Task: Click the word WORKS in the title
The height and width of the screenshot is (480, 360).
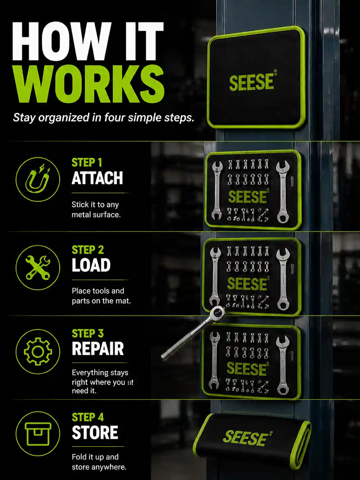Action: tap(88, 84)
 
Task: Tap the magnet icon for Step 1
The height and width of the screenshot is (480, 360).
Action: tap(37, 179)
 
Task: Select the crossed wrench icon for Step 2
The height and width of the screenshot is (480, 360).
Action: tap(37, 268)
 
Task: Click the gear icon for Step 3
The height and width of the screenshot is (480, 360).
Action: tap(37, 352)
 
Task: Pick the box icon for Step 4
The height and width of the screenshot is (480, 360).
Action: tap(37, 434)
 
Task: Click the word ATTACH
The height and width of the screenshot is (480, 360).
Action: tap(97, 178)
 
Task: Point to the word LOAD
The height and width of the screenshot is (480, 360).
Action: tap(91, 265)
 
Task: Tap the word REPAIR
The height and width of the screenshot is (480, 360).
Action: tap(98, 349)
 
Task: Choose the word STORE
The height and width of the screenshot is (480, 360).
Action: tap(95, 433)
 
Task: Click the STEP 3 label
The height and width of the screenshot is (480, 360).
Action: tap(88, 333)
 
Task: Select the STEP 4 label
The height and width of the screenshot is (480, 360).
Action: tap(88, 417)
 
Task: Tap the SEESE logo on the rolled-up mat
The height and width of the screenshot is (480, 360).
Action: tap(247, 438)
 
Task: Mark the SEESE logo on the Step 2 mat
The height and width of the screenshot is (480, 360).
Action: tap(248, 284)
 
